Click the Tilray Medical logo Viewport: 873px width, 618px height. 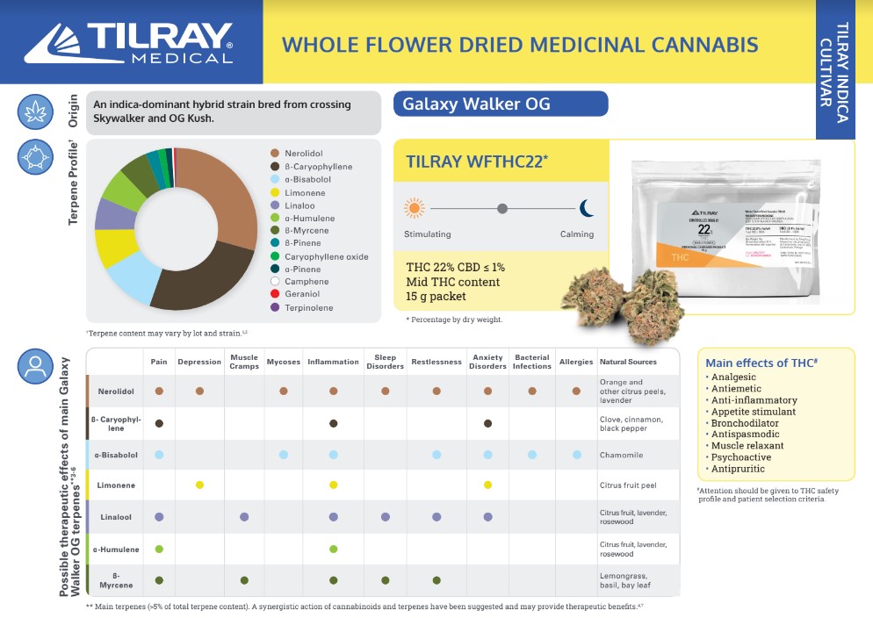coord(128,42)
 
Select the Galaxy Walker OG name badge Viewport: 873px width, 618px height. coord(501,104)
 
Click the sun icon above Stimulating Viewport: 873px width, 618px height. coord(414,208)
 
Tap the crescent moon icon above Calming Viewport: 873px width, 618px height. coord(587,208)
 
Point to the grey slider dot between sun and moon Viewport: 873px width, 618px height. coord(501,209)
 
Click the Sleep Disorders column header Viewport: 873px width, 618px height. coord(386,362)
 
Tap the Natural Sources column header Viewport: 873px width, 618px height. coord(628,362)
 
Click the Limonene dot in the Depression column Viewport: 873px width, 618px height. coord(199,485)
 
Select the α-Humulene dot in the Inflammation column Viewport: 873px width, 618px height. coord(334,550)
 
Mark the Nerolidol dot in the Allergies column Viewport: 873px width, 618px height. coord(576,391)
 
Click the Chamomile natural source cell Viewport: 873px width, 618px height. coord(622,455)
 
